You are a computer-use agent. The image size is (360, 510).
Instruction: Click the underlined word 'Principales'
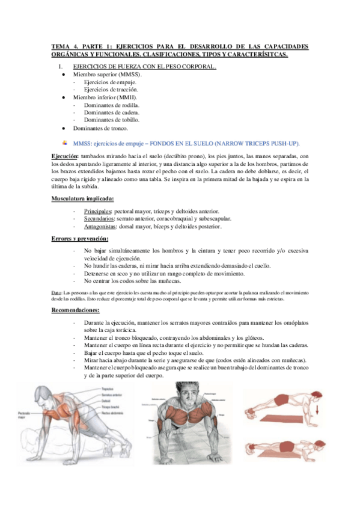click(98, 211)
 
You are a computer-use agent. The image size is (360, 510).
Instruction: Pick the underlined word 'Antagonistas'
click(101, 227)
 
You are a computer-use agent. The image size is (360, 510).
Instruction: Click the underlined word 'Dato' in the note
click(57, 292)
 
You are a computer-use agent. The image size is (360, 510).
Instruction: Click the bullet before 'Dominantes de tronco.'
click(63, 128)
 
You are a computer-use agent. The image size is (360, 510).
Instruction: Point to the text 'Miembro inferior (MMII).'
click(105, 97)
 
